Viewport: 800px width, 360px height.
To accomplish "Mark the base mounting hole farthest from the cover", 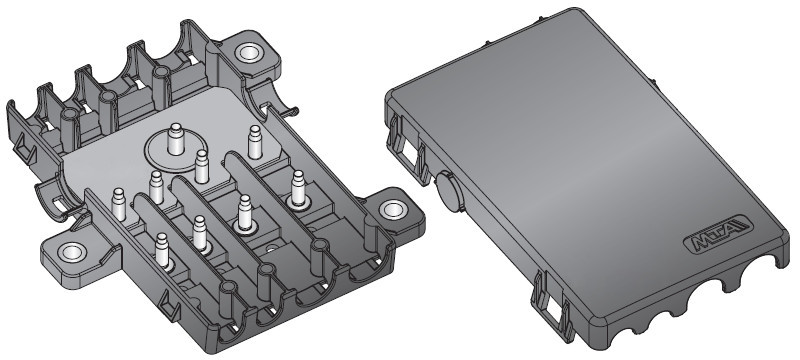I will pos(70,254).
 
